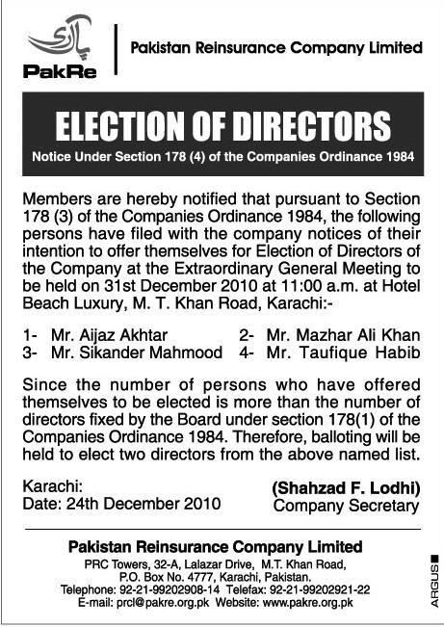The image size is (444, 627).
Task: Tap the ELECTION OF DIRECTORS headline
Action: (x=222, y=126)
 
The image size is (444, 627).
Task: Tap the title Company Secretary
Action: (x=347, y=505)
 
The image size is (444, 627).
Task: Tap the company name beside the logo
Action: (x=275, y=46)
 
